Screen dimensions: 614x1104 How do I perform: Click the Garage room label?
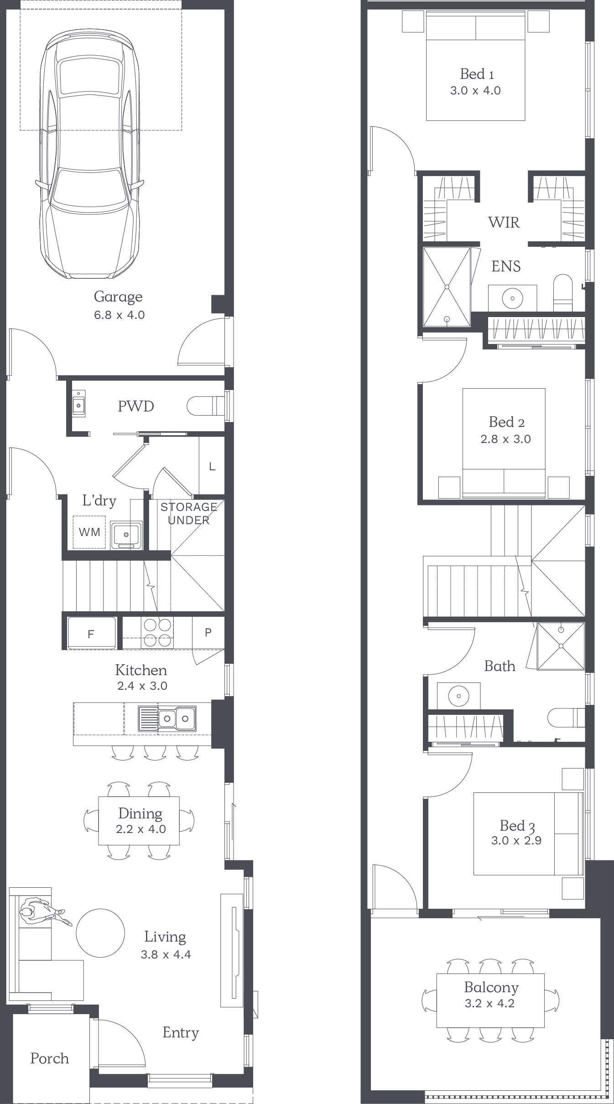(118, 297)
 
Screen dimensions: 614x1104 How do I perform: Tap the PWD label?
(136, 406)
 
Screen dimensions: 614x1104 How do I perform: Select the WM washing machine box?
(89, 532)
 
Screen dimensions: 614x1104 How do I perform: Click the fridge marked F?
(91, 633)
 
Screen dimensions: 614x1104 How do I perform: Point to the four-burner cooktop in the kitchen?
(157, 633)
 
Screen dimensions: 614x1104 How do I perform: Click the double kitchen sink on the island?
(167, 719)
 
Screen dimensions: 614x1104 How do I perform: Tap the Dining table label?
(140, 813)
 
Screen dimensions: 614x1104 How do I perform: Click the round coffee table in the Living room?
(100, 933)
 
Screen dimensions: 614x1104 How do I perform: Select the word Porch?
(49, 1058)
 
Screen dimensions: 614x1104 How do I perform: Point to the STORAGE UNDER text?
(188, 514)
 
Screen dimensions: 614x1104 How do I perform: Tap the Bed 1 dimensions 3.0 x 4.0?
(475, 90)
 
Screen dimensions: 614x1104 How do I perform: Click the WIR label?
(504, 222)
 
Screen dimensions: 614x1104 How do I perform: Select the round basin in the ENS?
(513, 298)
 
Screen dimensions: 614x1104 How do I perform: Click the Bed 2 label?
(506, 422)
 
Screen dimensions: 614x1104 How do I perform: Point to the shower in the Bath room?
(561, 646)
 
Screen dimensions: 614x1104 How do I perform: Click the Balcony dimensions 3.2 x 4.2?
(489, 1003)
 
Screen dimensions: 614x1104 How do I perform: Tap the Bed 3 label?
(517, 826)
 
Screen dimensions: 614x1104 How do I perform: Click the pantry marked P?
(208, 632)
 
